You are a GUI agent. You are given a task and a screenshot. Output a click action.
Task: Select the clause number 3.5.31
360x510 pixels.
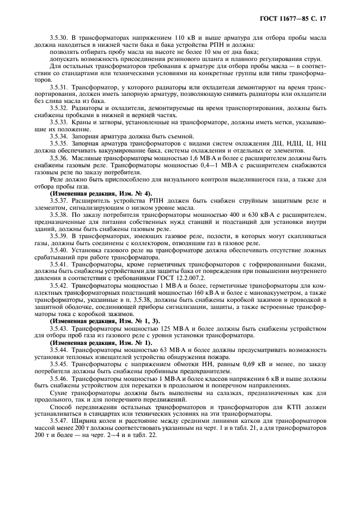[59, 88]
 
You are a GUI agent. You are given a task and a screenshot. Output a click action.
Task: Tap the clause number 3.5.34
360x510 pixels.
[59, 135]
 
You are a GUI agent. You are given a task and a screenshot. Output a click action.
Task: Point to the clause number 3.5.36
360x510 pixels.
[59, 157]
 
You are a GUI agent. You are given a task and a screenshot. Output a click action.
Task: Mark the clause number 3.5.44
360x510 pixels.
[59, 349]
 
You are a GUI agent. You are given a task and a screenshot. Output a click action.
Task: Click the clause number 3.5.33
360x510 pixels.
[59, 122]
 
